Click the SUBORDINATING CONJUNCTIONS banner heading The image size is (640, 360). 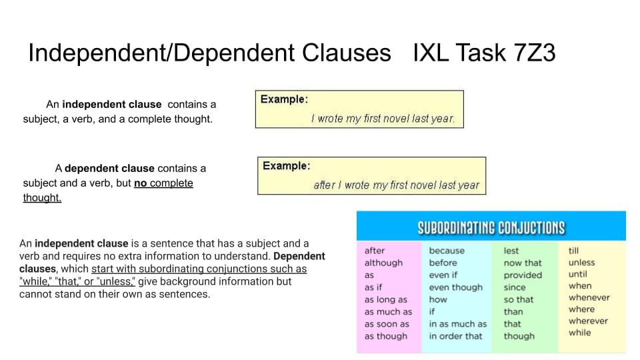[x=491, y=228]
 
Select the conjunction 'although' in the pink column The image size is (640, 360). [x=383, y=263]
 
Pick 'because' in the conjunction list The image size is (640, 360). [x=447, y=251]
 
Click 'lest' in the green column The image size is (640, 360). [x=511, y=251]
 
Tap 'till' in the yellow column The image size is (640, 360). [x=573, y=251]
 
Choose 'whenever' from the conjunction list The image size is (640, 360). [x=589, y=297]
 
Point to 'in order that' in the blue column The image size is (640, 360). [x=455, y=336]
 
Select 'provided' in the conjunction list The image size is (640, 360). [x=523, y=275]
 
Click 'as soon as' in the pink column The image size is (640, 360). [x=387, y=324]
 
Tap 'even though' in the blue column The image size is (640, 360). [x=455, y=288]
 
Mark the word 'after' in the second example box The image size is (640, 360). [x=325, y=185]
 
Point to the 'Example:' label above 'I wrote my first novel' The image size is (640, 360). [x=284, y=99]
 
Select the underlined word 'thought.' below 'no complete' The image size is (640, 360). [x=42, y=197]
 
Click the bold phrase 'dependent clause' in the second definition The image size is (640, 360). [x=109, y=168]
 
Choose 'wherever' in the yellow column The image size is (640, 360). [x=588, y=321]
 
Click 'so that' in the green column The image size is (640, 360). [x=519, y=299]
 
